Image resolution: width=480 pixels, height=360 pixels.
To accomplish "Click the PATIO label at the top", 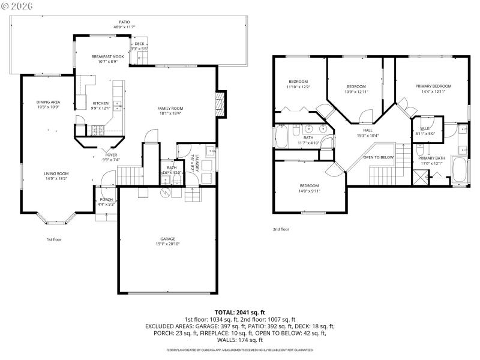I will pyautogui.click(x=124, y=22).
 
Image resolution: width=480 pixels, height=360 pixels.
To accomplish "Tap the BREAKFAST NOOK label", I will pyautogui.click(x=107, y=56).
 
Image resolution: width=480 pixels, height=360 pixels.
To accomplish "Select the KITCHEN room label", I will pyautogui.click(x=100, y=103).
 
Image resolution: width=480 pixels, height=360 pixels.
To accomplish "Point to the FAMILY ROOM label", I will pyautogui.click(x=170, y=108).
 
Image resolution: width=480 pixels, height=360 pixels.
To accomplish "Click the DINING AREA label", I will pyautogui.click(x=49, y=102).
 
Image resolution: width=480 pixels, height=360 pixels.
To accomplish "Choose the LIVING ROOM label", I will pyautogui.click(x=56, y=173).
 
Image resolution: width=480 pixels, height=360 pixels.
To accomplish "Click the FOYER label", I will pyautogui.click(x=112, y=155).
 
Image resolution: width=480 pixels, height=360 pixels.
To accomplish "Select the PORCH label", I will pyautogui.click(x=106, y=199).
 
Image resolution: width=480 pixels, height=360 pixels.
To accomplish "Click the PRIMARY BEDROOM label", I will pyautogui.click(x=433, y=86).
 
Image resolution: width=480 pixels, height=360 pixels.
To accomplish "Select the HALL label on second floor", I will pyautogui.click(x=368, y=130).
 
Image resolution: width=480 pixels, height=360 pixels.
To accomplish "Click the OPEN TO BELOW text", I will pyautogui.click(x=379, y=157).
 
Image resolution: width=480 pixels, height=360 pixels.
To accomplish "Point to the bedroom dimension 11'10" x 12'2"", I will pyautogui.click(x=298, y=87).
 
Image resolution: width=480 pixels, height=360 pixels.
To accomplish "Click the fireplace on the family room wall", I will pyautogui.click(x=221, y=104).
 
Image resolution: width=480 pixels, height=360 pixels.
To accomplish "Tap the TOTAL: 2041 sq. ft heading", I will pyautogui.click(x=240, y=313).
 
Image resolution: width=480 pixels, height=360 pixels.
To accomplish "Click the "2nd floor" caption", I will pyautogui.click(x=281, y=229).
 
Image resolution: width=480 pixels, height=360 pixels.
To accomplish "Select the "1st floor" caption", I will pyautogui.click(x=55, y=239).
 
